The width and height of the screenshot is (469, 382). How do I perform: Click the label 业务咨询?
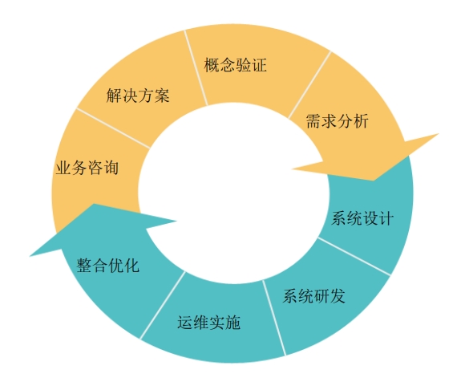point(87,168)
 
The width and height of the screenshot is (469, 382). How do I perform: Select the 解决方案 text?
point(138,95)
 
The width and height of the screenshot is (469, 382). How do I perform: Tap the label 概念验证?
point(235,65)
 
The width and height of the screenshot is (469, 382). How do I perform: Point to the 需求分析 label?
point(337,121)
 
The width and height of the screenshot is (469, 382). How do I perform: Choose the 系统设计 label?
point(362,218)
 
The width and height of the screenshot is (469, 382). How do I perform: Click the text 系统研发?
point(313,296)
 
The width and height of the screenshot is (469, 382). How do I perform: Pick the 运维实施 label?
point(208,323)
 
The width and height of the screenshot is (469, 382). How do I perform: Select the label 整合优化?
point(108,266)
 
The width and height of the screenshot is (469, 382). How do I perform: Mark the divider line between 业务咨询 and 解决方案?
point(113,128)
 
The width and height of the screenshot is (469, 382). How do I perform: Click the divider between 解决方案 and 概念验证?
point(196,67)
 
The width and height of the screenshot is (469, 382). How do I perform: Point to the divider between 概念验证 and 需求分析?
point(309,85)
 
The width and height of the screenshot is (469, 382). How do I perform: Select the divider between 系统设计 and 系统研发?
point(354,256)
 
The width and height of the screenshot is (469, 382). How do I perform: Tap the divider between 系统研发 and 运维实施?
point(274,318)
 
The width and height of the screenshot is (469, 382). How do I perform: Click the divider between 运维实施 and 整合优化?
point(163,305)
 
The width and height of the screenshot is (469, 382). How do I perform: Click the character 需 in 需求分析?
point(313,121)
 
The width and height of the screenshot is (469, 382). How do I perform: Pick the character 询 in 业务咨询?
point(111,168)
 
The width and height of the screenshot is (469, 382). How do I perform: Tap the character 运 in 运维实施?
point(185,323)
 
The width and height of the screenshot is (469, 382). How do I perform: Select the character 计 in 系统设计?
point(386,218)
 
